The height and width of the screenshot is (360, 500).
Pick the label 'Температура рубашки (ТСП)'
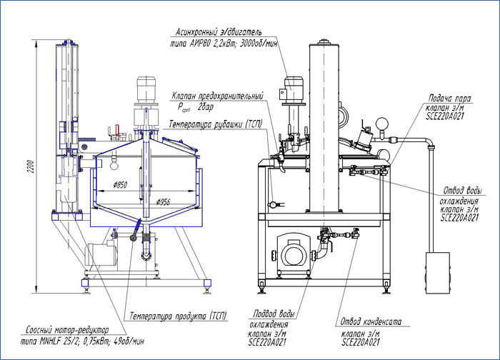click(215, 124)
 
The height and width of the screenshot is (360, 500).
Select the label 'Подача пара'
click(445, 98)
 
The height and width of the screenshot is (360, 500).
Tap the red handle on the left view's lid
click(111, 131)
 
